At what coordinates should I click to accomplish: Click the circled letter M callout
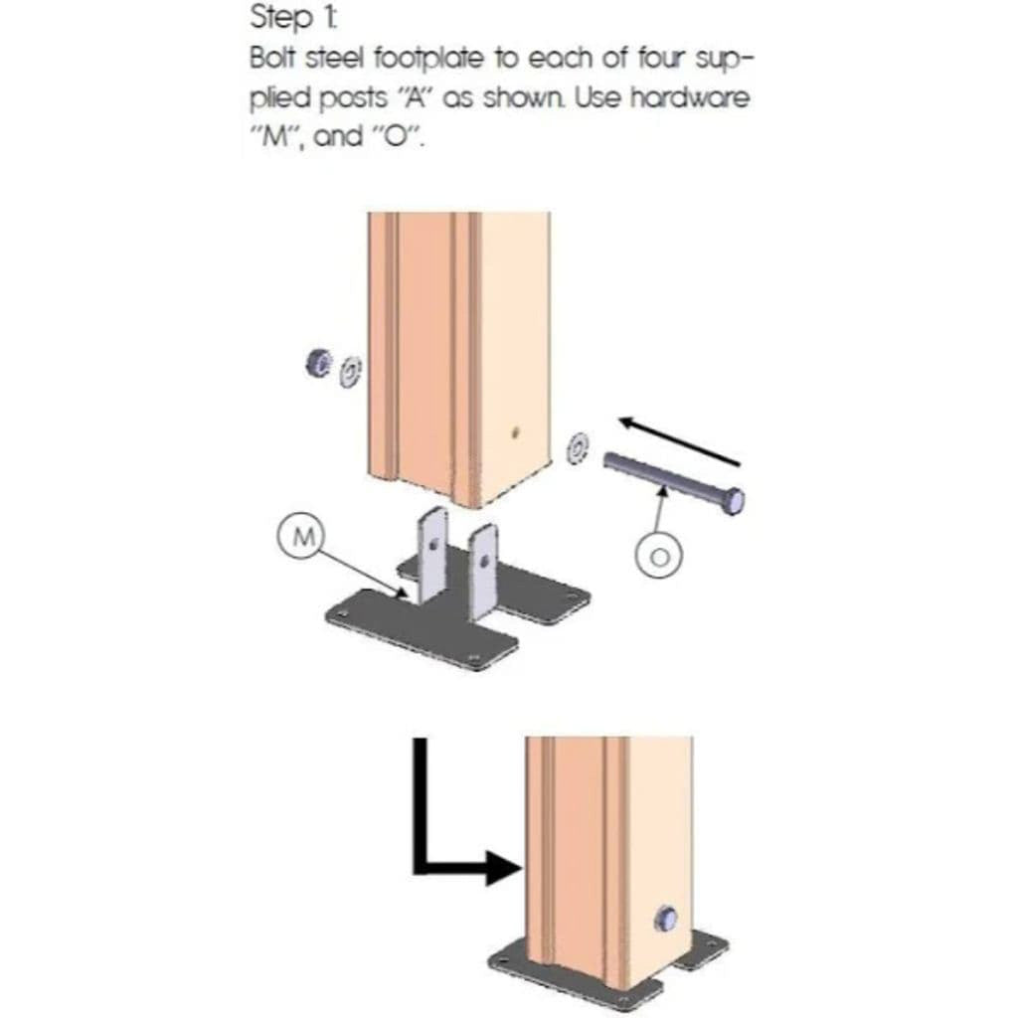point(302,537)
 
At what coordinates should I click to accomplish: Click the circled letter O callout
point(659,556)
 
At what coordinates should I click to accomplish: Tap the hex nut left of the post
point(319,363)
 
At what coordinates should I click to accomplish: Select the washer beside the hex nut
point(351,372)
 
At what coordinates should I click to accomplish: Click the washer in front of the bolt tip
point(577,448)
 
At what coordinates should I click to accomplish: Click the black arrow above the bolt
point(679,440)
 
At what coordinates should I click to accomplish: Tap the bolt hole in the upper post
point(515,431)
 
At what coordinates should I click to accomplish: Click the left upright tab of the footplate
point(431,555)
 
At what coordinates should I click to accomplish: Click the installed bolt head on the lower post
point(665,918)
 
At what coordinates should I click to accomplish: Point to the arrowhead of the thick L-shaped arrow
point(504,868)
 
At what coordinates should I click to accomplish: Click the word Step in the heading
point(280,18)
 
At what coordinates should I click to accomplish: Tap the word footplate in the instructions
point(429,59)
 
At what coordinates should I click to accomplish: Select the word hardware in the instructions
point(690,98)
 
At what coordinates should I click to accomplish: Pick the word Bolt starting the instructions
point(273,58)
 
